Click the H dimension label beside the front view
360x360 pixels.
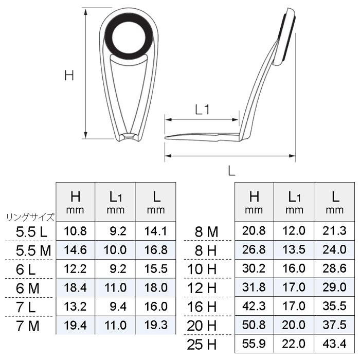click(x=69, y=75)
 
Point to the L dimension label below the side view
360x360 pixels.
click(x=231, y=169)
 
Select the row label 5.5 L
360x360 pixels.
click(x=31, y=232)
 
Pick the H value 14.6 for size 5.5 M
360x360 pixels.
click(x=76, y=250)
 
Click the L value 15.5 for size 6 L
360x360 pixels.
click(x=156, y=268)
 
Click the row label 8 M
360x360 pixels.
click(x=208, y=232)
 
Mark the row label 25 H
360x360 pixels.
click(x=203, y=343)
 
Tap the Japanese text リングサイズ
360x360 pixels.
click(x=30, y=218)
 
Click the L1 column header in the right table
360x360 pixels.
click(x=295, y=201)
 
